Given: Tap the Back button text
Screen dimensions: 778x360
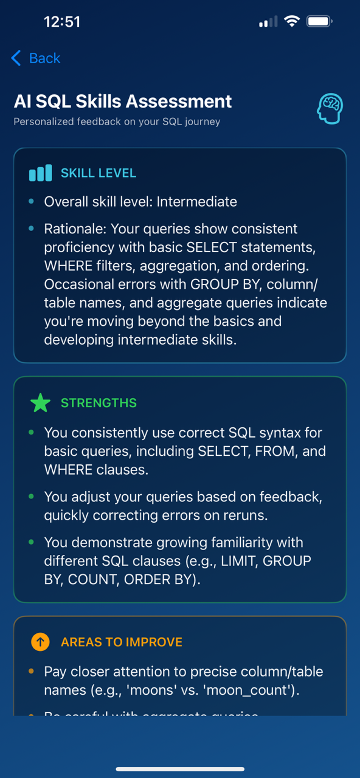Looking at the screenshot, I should (x=44, y=58).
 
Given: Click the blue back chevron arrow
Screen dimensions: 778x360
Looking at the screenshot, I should (x=16, y=58).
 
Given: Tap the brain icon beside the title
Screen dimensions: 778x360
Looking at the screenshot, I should (x=330, y=109).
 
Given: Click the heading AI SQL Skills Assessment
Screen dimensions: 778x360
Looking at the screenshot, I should (x=123, y=102).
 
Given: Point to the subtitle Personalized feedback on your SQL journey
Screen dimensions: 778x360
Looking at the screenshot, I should (x=117, y=122).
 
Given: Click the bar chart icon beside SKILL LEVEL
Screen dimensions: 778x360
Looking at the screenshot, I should (x=41, y=173).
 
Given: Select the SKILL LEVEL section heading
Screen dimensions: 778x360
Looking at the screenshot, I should (x=99, y=173).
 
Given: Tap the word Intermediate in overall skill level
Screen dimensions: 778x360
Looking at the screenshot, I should (x=197, y=202).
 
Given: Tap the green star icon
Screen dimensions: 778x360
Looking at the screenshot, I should (x=40, y=403).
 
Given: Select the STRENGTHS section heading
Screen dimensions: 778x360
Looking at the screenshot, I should (x=99, y=403).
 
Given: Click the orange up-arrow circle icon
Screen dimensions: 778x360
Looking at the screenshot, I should (x=40, y=642).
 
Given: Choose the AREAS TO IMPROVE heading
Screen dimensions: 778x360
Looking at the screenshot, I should (x=122, y=642).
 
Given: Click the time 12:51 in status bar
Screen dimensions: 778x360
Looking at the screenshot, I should (x=62, y=22).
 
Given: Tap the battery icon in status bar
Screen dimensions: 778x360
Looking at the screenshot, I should (x=319, y=22).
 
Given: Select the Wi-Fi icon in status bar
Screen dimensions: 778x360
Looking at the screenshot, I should (x=292, y=22).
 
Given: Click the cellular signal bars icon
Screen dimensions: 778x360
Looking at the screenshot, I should (x=268, y=22).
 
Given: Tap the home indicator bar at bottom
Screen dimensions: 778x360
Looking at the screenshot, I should (x=180, y=769).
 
